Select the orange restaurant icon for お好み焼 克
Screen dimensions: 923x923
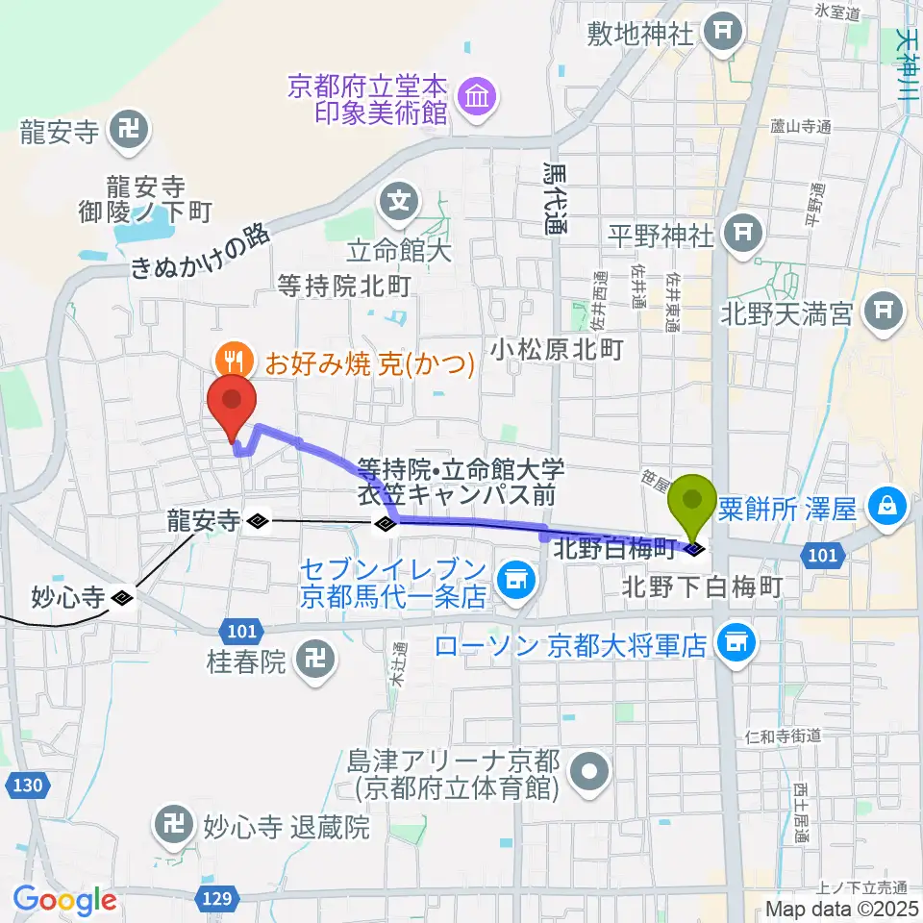(233, 362)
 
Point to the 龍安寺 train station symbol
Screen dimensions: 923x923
(257, 521)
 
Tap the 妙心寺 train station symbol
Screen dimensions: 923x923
(122, 598)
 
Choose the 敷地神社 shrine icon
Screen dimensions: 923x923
(722, 33)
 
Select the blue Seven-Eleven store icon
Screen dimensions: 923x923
(515, 579)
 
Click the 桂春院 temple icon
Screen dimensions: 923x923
(313, 661)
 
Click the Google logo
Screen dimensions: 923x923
(65, 899)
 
